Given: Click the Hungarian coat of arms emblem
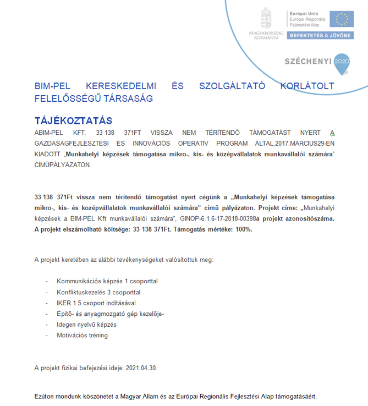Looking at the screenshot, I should [x=266, y=18].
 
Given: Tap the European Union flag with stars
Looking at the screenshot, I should [x=342, y=19].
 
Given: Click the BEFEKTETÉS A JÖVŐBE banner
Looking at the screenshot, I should [x=320, y=34].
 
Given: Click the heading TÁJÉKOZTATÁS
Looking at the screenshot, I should [x=73, y=120].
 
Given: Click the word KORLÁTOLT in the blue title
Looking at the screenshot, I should [x=306, y=87].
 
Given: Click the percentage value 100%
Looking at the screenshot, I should [x=240, y=229].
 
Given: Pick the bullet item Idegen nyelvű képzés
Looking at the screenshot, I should [x=86, y=325].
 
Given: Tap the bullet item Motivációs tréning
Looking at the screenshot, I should [x=83, y=335].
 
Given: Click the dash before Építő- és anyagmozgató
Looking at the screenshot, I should [x=47, y=314].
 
